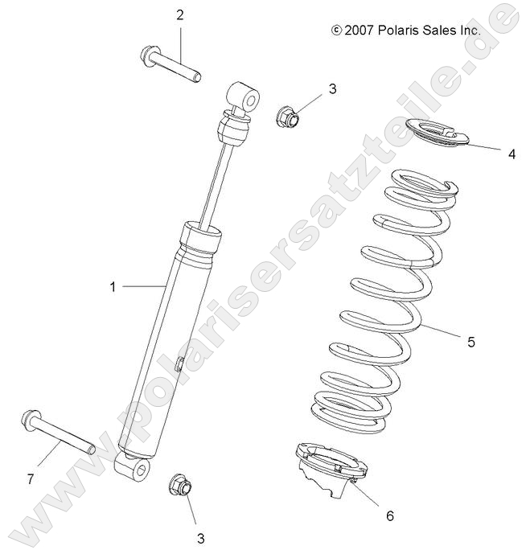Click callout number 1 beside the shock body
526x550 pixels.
pyautogui.click(x=113, y=285)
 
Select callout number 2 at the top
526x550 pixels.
pyautogui.click(x=179, y=14)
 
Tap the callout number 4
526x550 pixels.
pyautogui.click(x=511, y=154)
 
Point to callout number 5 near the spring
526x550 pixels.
pyautogui.click(x=471, y=342)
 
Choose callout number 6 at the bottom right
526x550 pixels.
pyautogui.click(x=389, y=515)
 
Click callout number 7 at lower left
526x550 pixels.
pyautogui.click(x=30, y=479)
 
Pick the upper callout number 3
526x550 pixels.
pyautogui.click(x=333, y=88)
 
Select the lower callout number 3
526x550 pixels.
pyautogui.click(x=201, y=538)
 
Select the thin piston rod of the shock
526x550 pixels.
pyautogui.click(x=218, y=185)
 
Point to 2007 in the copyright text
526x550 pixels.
pyautogui.click(x=357, y=30)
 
